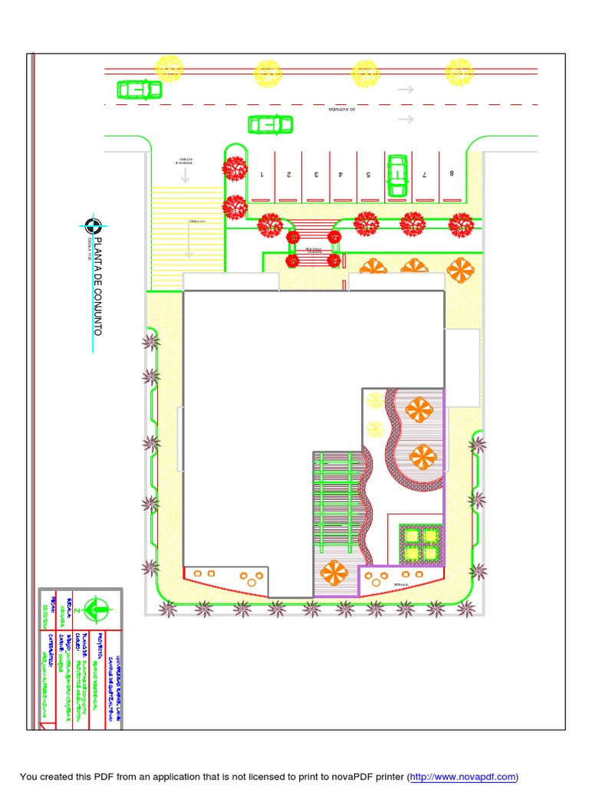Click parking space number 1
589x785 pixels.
(x=262, y=175)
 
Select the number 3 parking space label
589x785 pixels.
(x=316, y=175)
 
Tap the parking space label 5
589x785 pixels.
(x=369, y=175)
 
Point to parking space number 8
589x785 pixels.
(x=452, y=173)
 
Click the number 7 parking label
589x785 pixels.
(x=424, y=175)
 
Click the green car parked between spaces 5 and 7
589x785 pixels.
(x=397, y=175)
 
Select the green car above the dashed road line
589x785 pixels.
(x=139, y=90)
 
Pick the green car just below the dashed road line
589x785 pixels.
(x=270, y=123)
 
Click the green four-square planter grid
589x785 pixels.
(x=421, y=543)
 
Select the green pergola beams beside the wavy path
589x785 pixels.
(x=337, y=502)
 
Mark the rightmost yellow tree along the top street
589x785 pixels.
(x=459, y=72)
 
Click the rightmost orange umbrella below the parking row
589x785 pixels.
(x=460, y=269)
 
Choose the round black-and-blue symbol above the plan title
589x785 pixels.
(x=94, y=225)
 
